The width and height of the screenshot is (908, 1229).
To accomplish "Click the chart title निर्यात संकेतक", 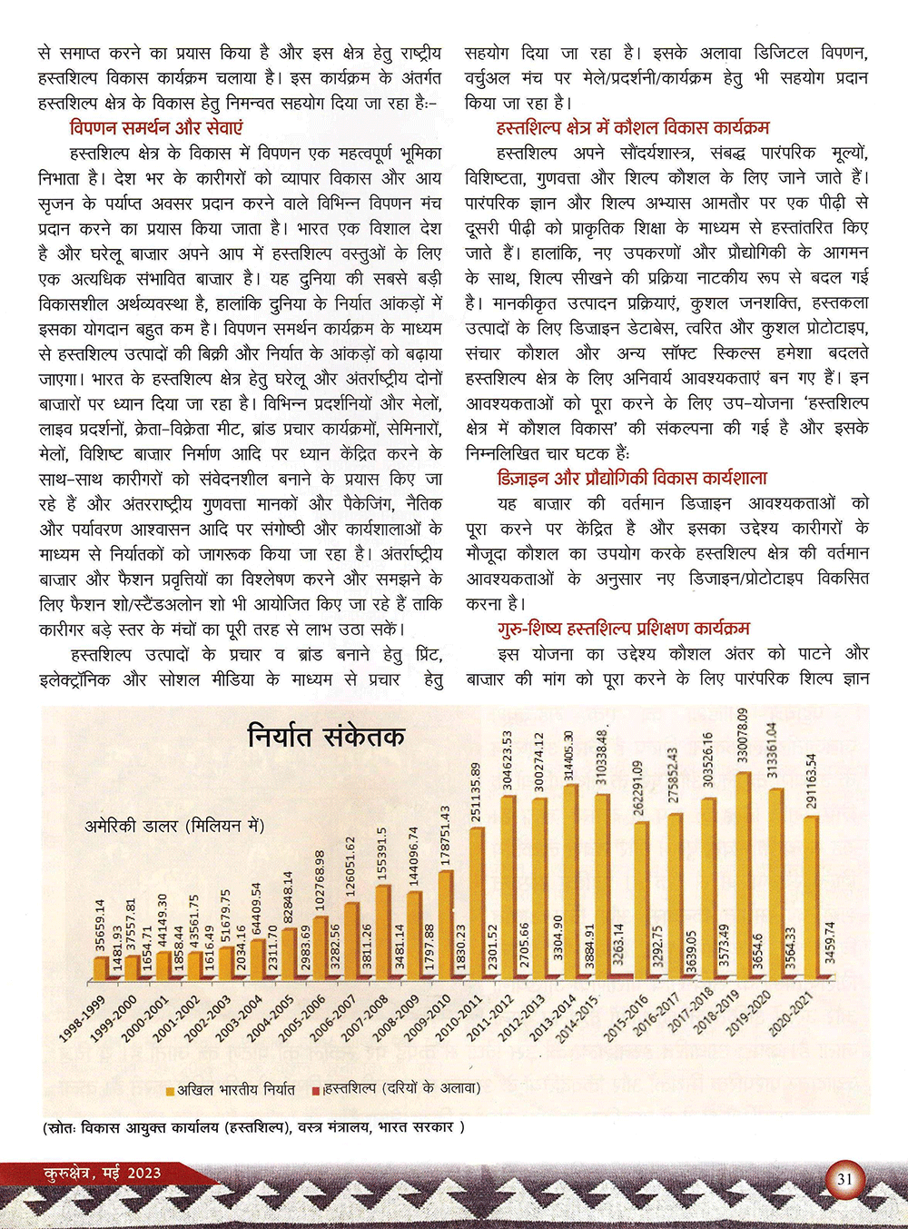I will (326, 736).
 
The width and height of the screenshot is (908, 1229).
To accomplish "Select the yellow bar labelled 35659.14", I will (100, 968).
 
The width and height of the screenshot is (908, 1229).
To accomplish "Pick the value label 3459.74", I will (829, 943).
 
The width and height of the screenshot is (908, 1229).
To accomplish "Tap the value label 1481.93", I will (117, 949).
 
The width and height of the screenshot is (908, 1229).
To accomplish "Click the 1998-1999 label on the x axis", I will (82, 1018).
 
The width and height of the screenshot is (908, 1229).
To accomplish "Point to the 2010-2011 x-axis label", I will (459, 1018).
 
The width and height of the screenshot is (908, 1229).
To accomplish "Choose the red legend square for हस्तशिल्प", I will (316, 1089).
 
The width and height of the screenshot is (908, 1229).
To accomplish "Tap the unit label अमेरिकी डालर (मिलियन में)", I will (174, 826).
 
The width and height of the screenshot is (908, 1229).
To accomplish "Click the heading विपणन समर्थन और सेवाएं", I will (156, 128).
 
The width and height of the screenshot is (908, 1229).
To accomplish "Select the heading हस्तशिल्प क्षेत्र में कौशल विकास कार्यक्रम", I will (633, 128).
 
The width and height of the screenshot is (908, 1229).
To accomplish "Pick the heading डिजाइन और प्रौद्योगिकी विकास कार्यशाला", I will (632, 478).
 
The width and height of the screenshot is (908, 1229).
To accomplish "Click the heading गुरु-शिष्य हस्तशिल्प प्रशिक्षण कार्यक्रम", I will (623, 629).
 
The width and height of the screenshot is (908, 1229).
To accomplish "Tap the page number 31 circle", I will (844, 1180).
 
